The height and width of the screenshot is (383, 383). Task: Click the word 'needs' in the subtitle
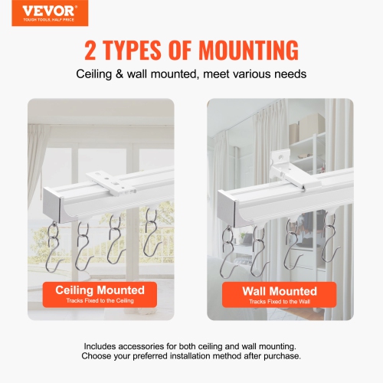coord(289,74)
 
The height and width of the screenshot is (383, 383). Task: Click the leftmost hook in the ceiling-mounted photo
coord(54,245)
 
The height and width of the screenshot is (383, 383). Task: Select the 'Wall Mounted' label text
coord(279,291)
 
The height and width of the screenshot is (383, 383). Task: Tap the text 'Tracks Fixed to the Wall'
coord(279,302)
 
